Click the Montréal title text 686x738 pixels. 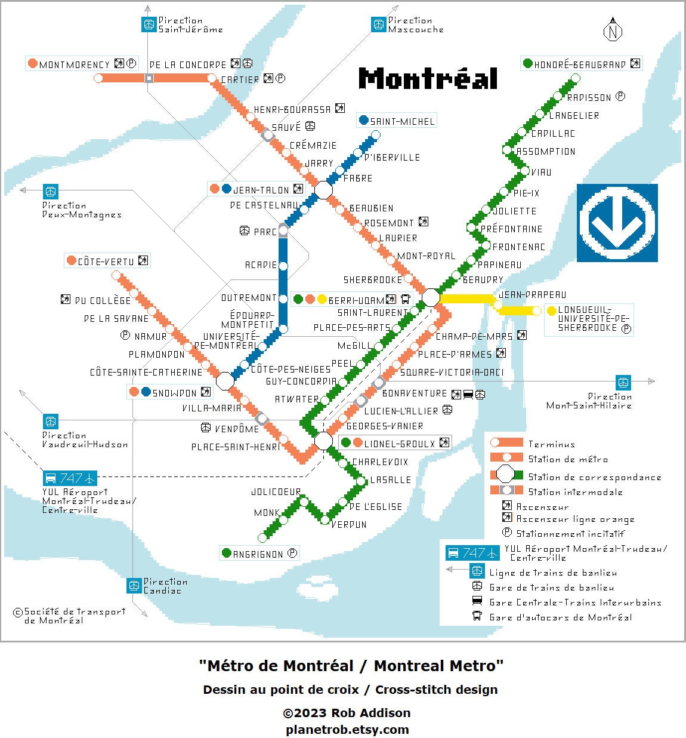pyautogui.click(x=428, y=79)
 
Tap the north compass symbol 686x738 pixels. pyautogui.click(x=612, y=30)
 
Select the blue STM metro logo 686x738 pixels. pyautogui.click(x=617, y=223)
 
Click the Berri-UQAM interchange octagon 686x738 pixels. pyautogui.click(x=431, y=297)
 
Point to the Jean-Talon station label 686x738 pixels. pyautogui.click(x=261, y=190)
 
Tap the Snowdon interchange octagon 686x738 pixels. pyautogui.click(x=225, y=380)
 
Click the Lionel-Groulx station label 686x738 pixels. pyautogui.click(x=400, y=443)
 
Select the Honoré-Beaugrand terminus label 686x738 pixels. pyautogui.click(x=571, y=64)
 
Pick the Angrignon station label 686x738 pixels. pyautogui.click(x=258, y=554)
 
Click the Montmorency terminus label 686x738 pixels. pyautogui.click(x=75, y=64)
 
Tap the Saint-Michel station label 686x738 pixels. pyautogui.click(x=402, y=121)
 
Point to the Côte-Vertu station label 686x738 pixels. pyautogui.click(x=106, y=262)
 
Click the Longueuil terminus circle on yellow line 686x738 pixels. pyautogui.click(x=537, y=310)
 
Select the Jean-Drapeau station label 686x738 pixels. pyautogui.click(x=532, y=294)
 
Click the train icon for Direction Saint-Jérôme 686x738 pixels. pyautogui.click(x=149, y=24)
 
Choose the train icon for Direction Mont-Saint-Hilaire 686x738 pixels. pyautogui.click(x=623, y=382)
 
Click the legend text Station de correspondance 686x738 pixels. pyautogui.click(x=594, y=477)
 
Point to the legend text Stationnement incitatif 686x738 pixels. pyautogui.click(x=570, y=534)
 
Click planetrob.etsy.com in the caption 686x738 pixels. pyautogui.click(x=347, y=729)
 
